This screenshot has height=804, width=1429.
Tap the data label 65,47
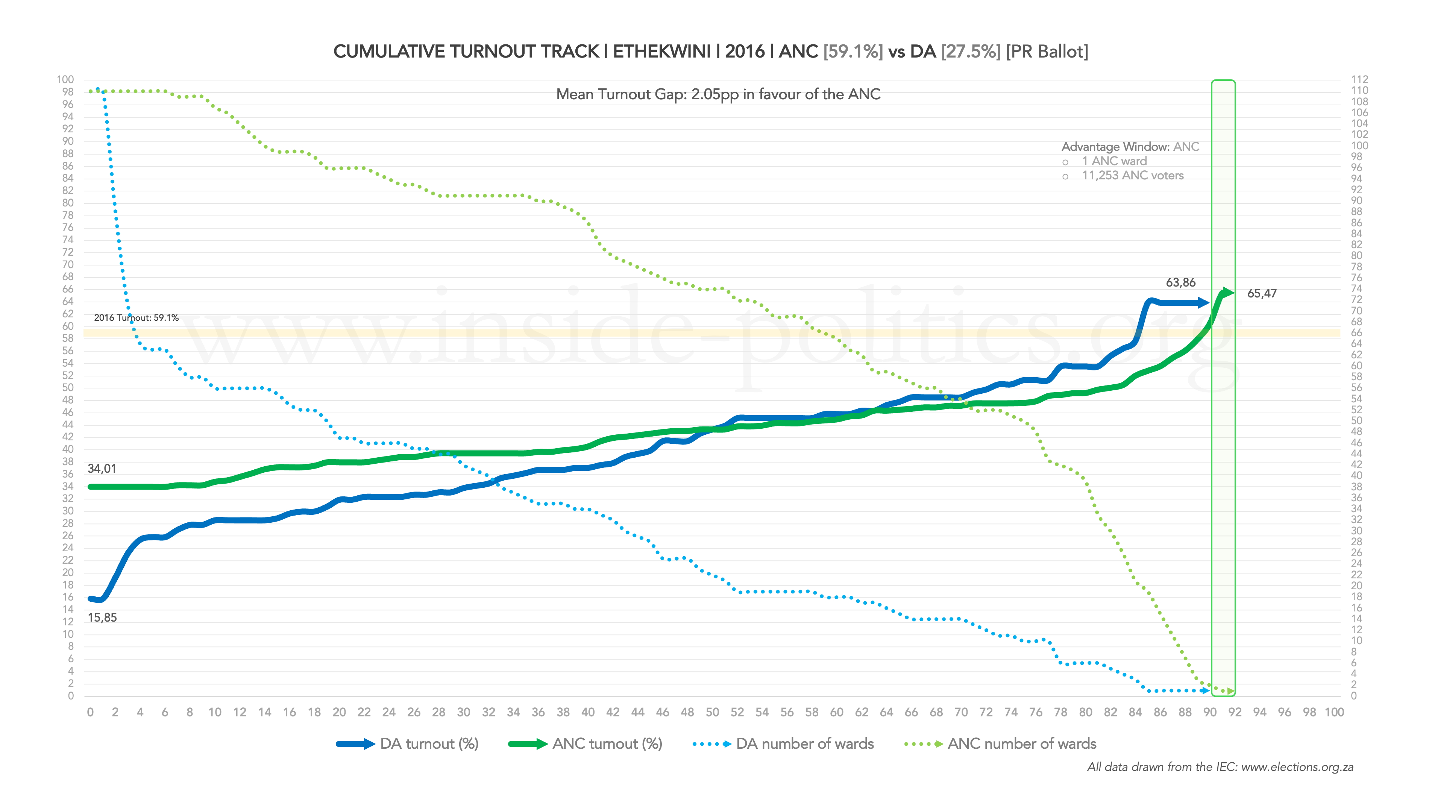point(1262,294)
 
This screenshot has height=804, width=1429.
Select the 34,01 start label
point(102,469)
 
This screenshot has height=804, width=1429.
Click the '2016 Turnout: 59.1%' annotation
point(136,318)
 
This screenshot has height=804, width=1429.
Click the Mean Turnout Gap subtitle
point(718,94)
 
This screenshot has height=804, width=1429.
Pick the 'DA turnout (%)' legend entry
point(429,744)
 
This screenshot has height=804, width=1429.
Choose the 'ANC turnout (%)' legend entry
point(607,744)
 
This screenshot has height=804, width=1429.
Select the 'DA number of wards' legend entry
point(804,744)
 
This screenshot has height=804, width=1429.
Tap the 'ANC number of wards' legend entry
point(1022,744)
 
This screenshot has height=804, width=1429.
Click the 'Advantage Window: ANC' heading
point(1130,147)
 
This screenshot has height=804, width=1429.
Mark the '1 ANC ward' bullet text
point(1114,161)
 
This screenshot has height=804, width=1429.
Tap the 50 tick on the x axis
point(712,713)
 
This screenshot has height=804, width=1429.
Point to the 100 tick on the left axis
point(65,79)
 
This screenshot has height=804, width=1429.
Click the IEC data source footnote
point(1220,768)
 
